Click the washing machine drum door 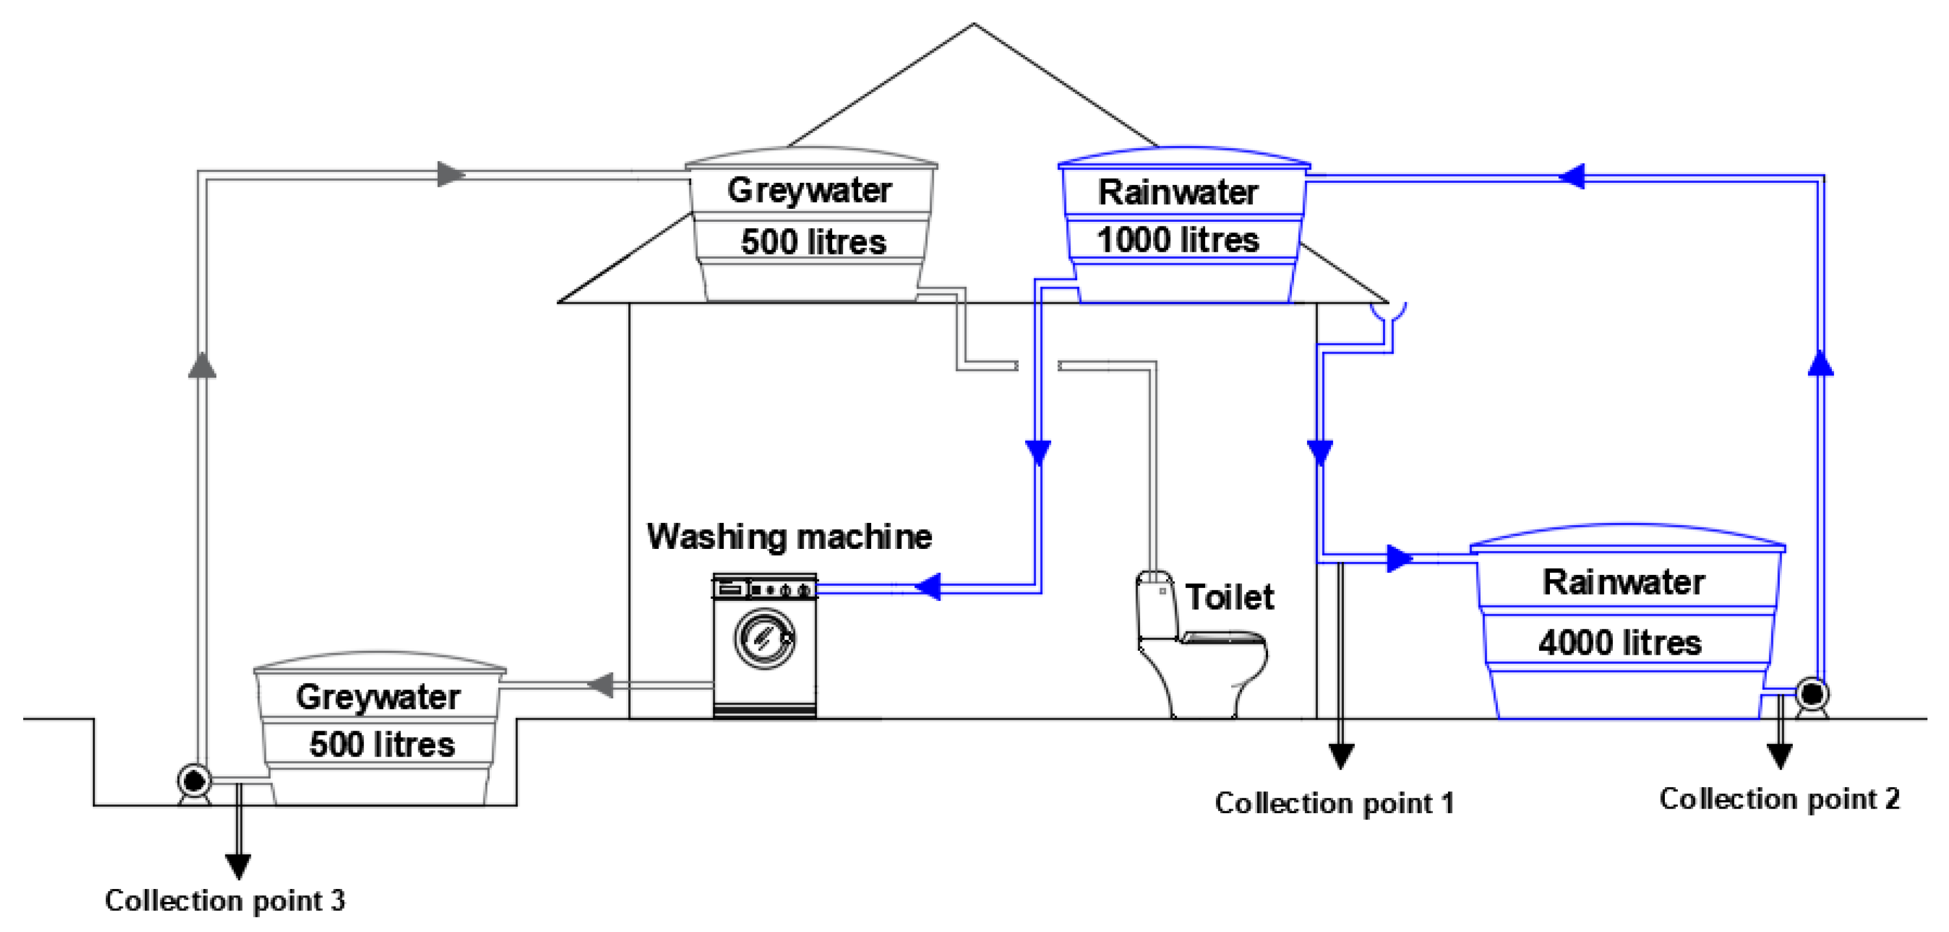click(764, 638)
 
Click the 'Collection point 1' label click(1334, 802)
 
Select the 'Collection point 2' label click(1779, 799)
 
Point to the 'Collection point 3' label click(225, 900)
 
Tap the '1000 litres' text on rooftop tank click(1177, 240)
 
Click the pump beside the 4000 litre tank click(1811, 693)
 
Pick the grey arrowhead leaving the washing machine click(601, 685)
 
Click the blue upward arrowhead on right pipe click(1821, 363)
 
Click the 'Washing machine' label click(789, 536)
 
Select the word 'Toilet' click(1229, 597)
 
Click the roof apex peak click(973, 25)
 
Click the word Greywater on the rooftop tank click(809, 190)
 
